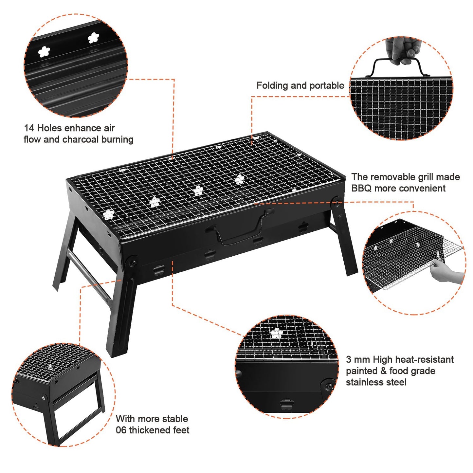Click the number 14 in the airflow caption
29,128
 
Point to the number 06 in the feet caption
121,430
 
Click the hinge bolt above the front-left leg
133,263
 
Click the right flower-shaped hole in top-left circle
94,38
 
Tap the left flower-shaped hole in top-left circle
44,51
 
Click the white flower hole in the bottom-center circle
277,333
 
